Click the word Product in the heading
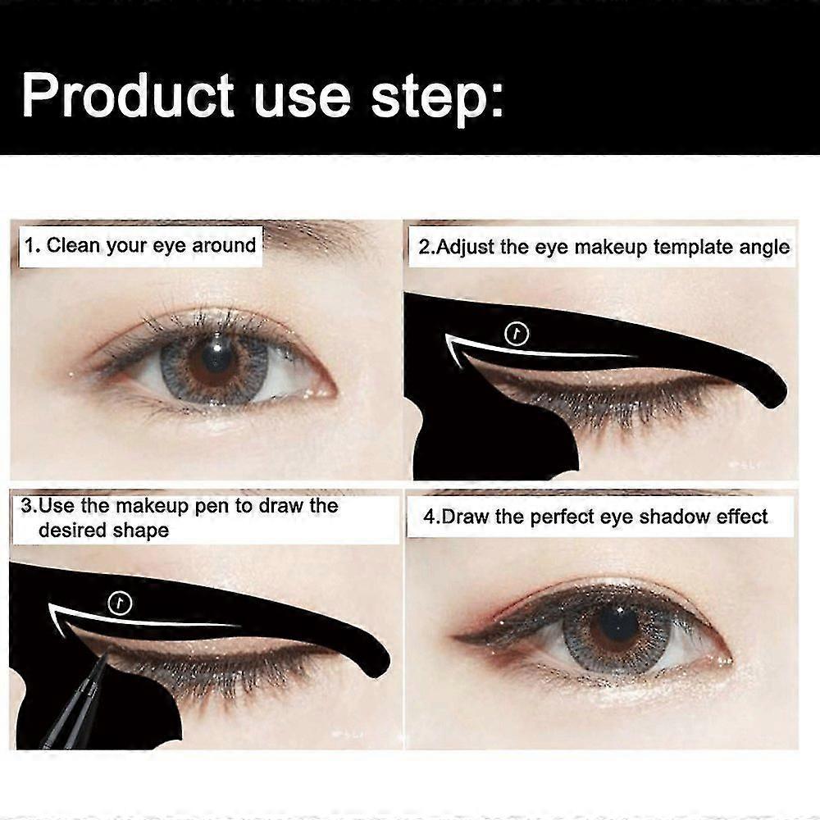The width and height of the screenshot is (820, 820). click(128, 95)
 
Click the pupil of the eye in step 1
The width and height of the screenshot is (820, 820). click(214, 358)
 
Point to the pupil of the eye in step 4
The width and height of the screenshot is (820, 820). click(617, 625)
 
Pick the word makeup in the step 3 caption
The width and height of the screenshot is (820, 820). click(152, 507)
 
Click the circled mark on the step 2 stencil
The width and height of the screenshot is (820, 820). click(517, 335)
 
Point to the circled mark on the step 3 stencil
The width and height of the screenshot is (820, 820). click(120, 604)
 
